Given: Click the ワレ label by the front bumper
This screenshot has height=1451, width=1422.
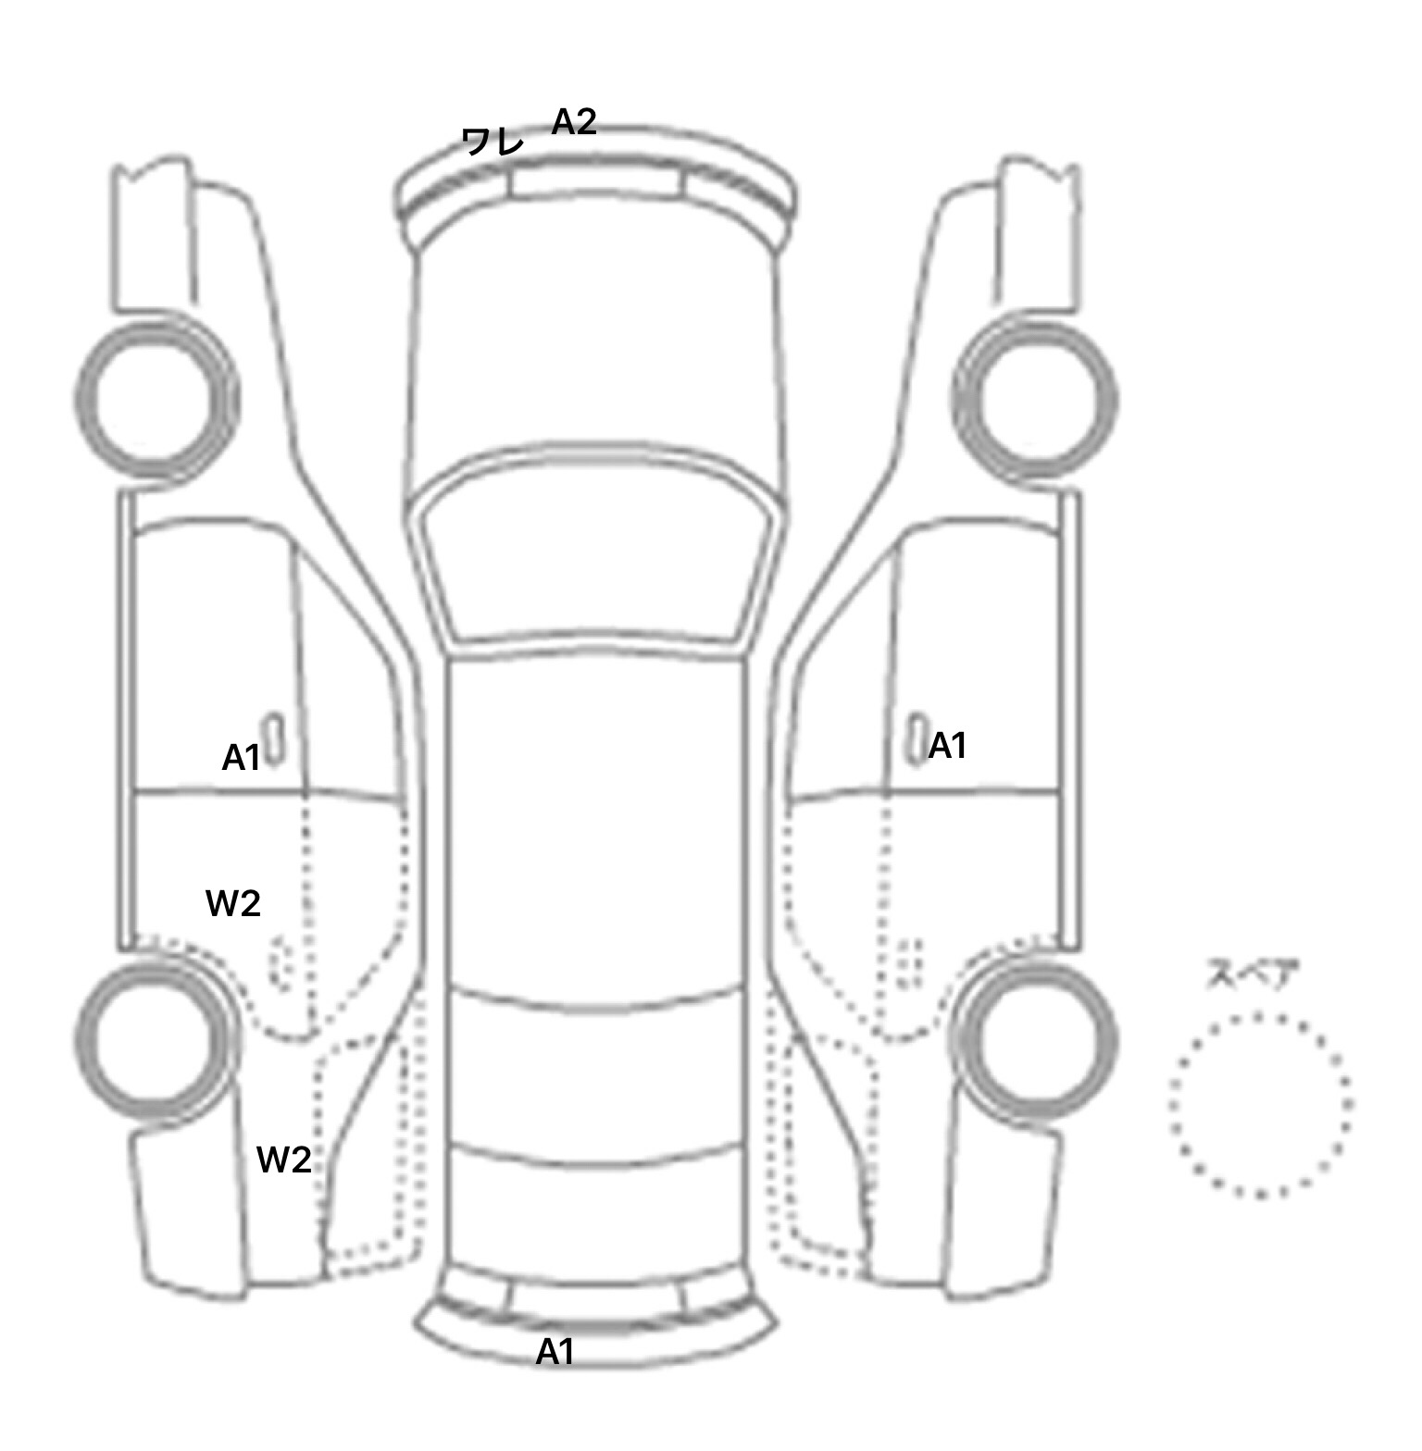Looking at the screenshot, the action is [493, 142].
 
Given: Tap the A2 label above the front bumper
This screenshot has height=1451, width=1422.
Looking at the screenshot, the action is [574, 121].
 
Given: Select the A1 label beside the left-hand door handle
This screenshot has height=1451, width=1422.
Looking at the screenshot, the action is [241, 758].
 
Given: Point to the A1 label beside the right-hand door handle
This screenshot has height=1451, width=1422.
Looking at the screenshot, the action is [947, 745].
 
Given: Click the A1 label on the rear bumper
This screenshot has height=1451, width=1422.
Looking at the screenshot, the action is [555, 1353].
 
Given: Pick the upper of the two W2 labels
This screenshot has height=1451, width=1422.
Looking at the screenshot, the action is [232, 903].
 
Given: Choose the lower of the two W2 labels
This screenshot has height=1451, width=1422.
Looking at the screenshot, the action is [283, 1160].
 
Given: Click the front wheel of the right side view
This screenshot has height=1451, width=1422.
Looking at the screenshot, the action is [1035, 401].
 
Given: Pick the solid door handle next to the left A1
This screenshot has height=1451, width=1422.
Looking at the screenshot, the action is [274, 740].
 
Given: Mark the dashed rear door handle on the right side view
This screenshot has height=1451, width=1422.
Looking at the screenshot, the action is [911, 962].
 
